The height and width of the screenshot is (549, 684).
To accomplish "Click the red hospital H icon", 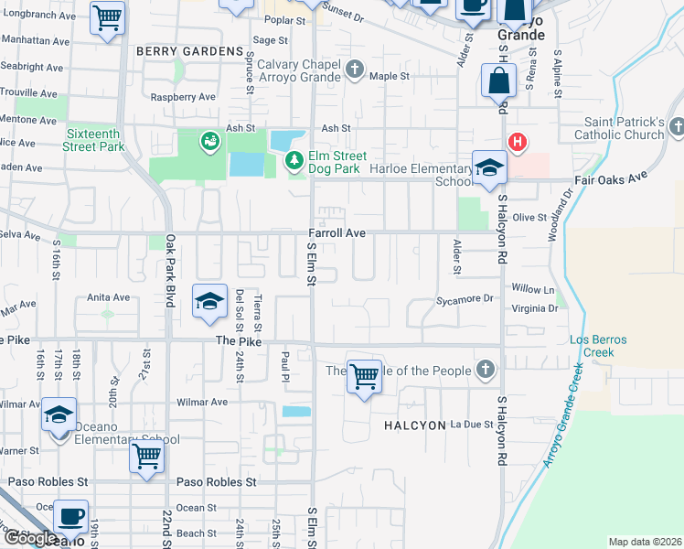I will [518, 142].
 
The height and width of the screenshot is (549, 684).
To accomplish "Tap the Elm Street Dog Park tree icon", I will [294, 162].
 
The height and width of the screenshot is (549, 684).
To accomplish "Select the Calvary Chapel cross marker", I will [355, 68].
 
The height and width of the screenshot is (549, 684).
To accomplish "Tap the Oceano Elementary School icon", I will [59, 416].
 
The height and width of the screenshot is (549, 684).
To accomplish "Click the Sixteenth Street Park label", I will [94, 139].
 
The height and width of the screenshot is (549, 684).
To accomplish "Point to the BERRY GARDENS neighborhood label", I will [188, 52].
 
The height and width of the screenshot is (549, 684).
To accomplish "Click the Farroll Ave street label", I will [337, 234].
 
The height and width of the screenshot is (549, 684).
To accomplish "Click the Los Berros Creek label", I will [598, 346].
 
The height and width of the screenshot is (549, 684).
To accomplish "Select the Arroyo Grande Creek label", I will [561, 414].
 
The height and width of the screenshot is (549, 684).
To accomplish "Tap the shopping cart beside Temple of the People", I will [364, 376].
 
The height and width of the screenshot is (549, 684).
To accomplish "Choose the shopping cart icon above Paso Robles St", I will [146, 457].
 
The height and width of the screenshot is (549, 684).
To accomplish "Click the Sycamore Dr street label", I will [464, 299].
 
